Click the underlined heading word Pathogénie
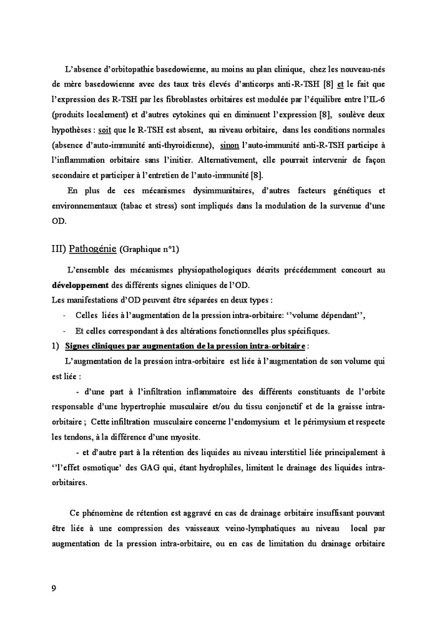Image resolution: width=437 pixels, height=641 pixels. (x=92, y=249)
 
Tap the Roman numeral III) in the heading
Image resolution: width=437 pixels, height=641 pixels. (x=58, y=249)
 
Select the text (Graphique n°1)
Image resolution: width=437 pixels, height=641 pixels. (x=149, y=249)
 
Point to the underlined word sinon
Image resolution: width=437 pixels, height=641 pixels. (x=230, y=145)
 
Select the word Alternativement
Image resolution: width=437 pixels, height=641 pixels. (x=246, y=160)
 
